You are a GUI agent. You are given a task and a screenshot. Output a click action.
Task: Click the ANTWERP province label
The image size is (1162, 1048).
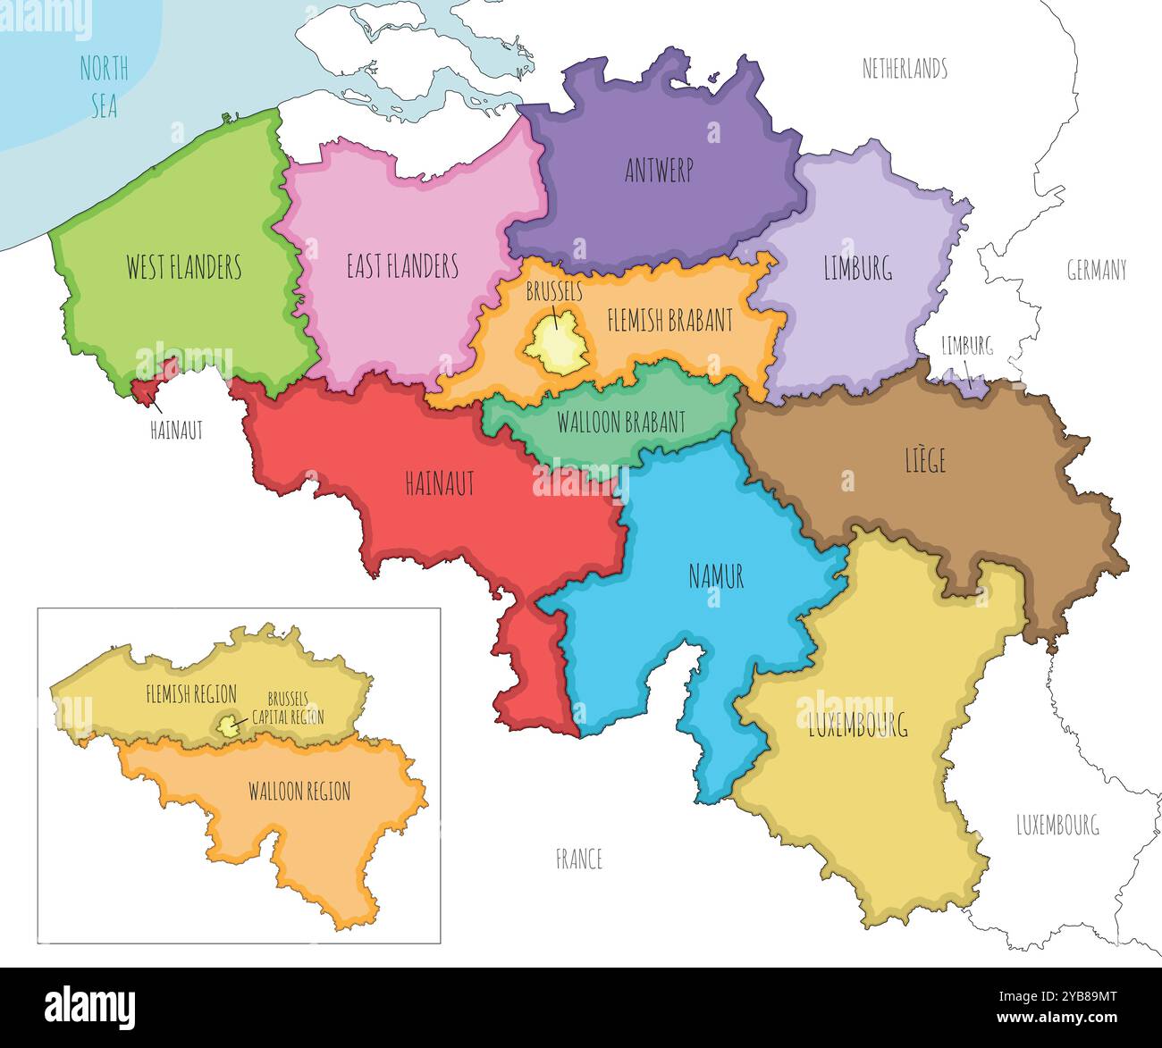coord(659,172)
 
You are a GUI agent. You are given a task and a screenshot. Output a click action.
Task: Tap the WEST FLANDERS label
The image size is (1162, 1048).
coord(183,266)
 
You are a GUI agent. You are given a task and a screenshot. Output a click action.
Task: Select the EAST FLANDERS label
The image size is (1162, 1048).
coord(402,266)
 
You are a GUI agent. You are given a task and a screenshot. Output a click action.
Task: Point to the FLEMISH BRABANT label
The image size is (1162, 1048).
coord(669,320)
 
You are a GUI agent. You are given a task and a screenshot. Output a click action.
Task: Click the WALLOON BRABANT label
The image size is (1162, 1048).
coord(621,422)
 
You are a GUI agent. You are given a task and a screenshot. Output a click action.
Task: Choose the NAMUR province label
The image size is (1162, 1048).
coord(716,577)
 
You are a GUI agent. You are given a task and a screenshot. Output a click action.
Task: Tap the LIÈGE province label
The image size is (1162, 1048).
coord(924,461)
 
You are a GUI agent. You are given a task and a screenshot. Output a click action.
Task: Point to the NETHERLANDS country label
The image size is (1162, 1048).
coord(904,69)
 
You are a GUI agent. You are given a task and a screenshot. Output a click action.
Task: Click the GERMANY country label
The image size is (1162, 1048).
coord(1096,270)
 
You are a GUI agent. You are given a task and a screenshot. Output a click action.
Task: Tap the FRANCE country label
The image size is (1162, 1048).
coord(579,859)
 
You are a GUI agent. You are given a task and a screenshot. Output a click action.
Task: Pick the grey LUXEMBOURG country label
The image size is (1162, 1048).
coord(1057,825)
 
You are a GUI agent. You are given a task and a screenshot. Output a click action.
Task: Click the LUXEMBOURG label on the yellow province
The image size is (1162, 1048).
coord(857,725)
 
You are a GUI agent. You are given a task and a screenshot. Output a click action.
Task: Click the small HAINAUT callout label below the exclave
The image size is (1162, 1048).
coord(177,431)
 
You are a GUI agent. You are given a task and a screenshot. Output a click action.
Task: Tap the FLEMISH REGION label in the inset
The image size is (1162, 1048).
coord(191,694)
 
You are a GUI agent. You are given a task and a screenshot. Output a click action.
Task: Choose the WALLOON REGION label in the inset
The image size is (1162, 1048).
coord(299,791)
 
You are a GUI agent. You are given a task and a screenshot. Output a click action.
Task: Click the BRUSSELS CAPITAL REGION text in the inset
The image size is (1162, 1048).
coord(287,708)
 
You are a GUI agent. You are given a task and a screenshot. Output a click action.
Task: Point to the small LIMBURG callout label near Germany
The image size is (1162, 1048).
coord(967,347)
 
